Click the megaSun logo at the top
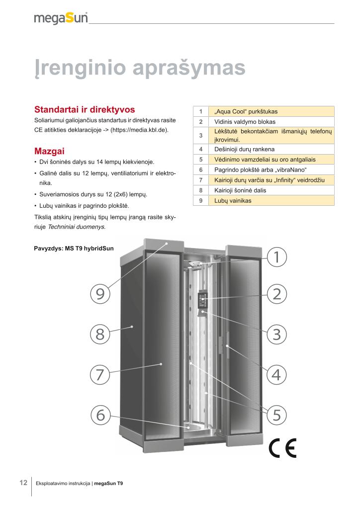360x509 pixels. (61, 18)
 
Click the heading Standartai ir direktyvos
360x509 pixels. (84, 109)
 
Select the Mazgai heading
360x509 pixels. (50, 150)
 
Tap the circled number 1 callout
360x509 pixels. (277, 257)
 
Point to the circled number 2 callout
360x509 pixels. (277, 294)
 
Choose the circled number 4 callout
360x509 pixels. (277, 374)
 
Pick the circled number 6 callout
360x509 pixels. (100, 414)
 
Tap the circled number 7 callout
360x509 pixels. (100, 374)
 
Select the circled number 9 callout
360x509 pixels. (100, 294)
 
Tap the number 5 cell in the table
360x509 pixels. (200, 160)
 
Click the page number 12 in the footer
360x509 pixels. (23, 483)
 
